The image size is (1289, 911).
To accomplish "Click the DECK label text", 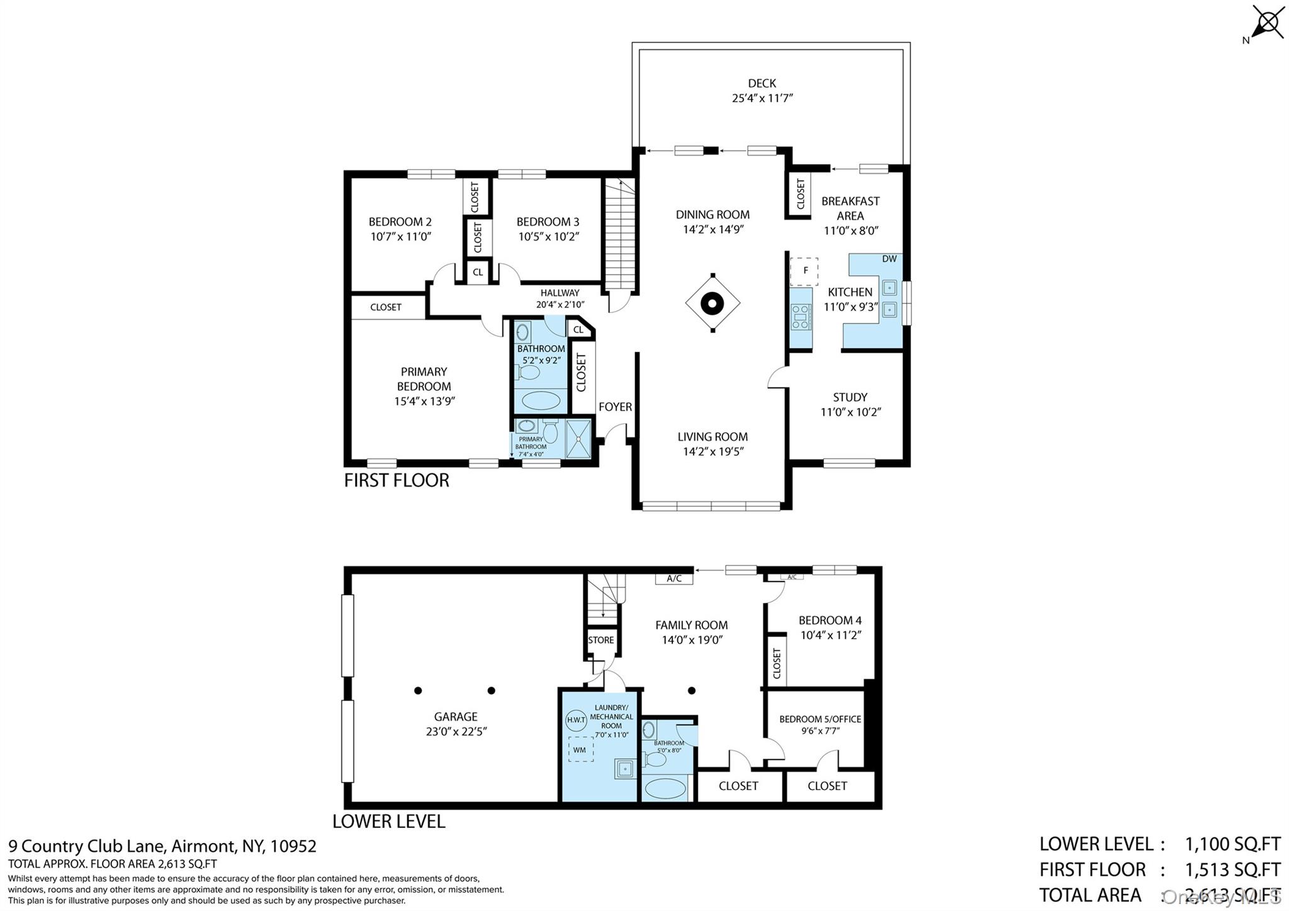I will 762,83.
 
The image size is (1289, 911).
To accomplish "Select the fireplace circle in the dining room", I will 712,303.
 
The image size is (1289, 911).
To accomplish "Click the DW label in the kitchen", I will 889,259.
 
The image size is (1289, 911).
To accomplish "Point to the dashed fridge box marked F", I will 804,271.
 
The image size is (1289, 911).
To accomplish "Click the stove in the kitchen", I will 801,317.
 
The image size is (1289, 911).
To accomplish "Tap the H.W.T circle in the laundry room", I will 576,720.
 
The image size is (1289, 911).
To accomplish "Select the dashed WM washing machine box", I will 580,749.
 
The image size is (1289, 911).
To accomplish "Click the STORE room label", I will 600,640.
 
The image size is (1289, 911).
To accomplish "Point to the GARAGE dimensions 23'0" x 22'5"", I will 456,732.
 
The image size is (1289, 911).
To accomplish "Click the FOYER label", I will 615,407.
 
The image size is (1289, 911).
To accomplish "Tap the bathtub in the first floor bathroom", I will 541,400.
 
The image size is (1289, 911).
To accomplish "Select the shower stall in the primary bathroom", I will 578,439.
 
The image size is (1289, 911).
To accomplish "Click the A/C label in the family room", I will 674,578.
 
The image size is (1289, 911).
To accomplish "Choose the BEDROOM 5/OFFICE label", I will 820,719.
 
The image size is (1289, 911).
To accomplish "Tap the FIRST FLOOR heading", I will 397,480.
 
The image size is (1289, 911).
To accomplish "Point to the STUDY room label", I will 850,397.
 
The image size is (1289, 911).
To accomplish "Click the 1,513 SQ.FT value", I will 1232,869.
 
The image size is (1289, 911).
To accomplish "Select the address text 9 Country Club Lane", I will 87,846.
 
